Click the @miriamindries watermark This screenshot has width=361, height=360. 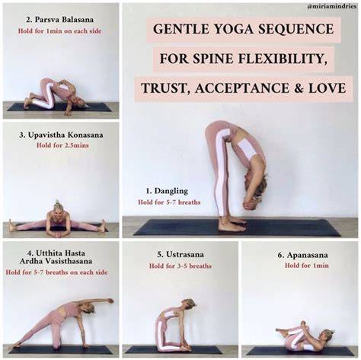coord(332,7)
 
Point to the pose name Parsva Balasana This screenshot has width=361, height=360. coord(64,20)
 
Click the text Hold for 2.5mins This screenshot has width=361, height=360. coord(62,145)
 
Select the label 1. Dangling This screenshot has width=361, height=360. coord(167,191)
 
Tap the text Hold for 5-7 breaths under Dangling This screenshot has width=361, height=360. coord(169,202)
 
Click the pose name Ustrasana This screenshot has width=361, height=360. coord(185,254)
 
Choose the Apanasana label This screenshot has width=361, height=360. coord(307,255)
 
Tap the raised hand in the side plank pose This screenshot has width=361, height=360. coord(110,301)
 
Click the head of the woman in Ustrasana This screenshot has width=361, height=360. coord(189,304)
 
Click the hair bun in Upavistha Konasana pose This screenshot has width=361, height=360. coord(57,203)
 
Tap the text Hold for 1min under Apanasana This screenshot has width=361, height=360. coord(307,266)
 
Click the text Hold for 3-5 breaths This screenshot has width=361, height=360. coord(180,266)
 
